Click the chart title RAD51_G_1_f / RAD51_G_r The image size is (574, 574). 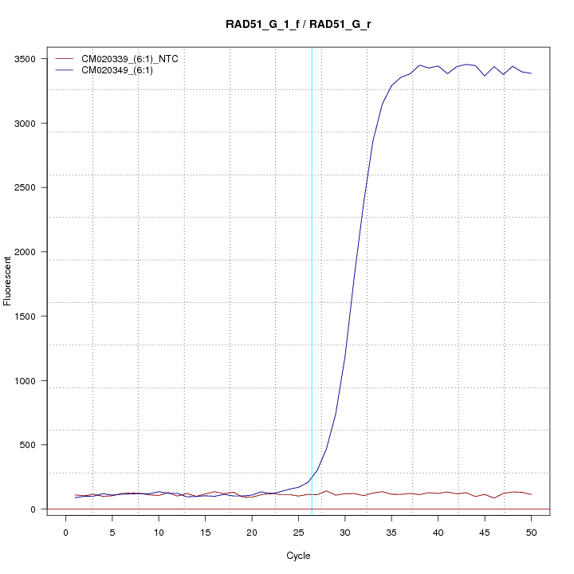[x=298, y=24]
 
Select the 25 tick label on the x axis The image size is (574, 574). [x=298, y=532]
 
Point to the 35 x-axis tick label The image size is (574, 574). [x=391, y=532]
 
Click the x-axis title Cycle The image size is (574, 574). [x=298, y=556]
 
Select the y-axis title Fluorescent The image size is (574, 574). [x=8, y=280]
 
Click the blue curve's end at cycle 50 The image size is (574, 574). [x=531, y=73]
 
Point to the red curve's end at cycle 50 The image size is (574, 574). [x=531, y=495]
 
